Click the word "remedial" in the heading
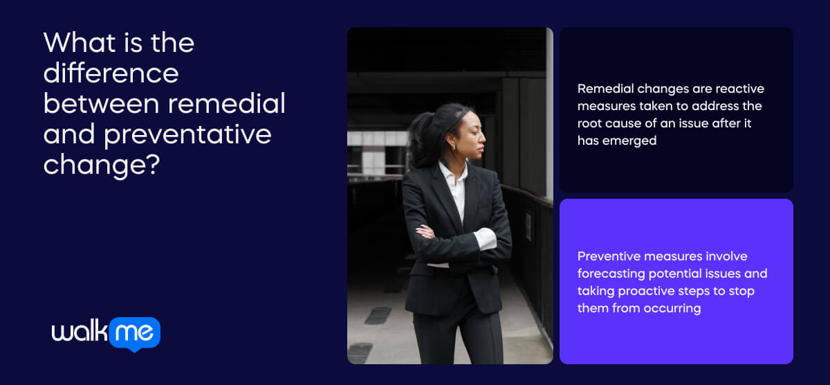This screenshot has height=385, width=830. (x=226, y=103)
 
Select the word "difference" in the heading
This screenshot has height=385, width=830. (x=111, y=73)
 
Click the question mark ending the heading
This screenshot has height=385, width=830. (x=154, y=164)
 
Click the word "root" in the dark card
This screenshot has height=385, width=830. (x=590, y=123)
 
